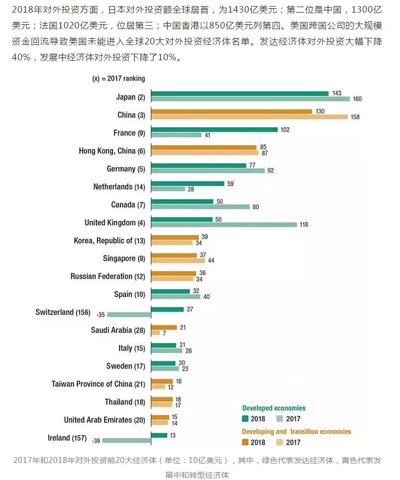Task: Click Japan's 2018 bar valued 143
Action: (x=239, y=94)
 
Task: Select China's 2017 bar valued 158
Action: (x=249, y=117)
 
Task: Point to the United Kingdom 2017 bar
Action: (x=224, y=224)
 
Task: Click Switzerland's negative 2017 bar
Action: (x=129, y=315)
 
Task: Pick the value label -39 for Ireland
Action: (x=95, y=441)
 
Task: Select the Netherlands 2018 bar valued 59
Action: (x=187, y=184)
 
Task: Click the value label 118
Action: (x=304, y=225)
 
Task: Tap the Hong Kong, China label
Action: (x=112, y=151)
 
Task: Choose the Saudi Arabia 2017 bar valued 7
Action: (x=155, y=333)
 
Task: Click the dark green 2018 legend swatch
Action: (x=245, y=419)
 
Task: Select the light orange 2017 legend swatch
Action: (x=279, y=442)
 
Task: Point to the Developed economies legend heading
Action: (x=274, y=408)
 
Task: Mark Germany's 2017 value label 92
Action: (x=270, y=170)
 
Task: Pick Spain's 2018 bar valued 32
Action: (x=170, y=291)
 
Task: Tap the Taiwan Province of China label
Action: (x=99, y=384)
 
